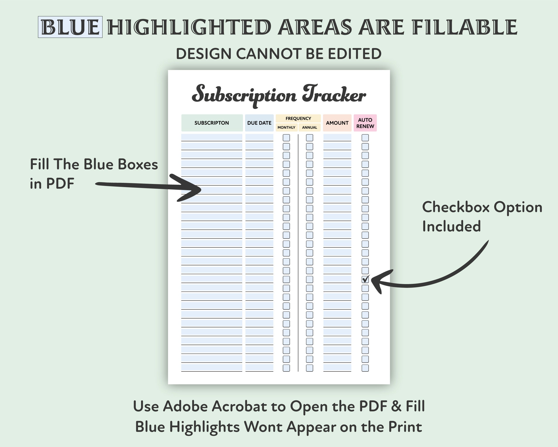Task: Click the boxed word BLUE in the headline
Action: tap(70, 27)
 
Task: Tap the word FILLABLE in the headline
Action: tap(464, 27)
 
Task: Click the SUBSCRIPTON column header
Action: tap(212, 123)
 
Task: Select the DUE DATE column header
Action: tap(259, 123)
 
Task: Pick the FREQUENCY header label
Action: tap(298, 118)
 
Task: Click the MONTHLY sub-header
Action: tap(286, 127)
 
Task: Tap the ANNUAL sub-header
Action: tap(310, 127)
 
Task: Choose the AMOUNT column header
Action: tap(337, 123)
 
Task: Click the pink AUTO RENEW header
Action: tap(365, 123)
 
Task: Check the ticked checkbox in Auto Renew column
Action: tap(365, 279)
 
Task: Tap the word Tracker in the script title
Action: tap(334, 94)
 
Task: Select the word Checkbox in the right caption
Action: tap(455, 207)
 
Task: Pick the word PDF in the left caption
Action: tap(60, 183)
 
